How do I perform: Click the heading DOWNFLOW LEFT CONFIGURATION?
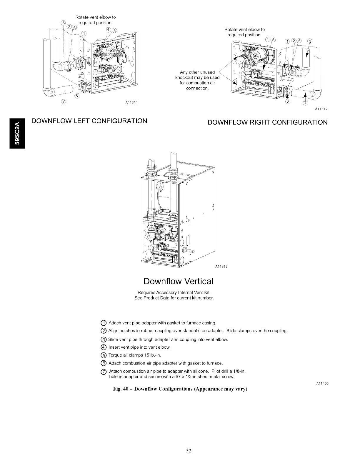[x=89, y=121]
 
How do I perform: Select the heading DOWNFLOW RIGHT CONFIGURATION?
[x=267, y=122]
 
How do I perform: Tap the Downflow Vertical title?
[x=178, y=281]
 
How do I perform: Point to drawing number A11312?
[x=321, y=109]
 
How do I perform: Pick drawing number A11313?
[x=221, y=267]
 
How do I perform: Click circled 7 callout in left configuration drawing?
[x=64, y=102]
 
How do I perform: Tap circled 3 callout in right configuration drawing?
[x=310, y=41]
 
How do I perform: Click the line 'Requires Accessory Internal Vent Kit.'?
[x=174, y=292]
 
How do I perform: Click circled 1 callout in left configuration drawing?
[x=84, y=33]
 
